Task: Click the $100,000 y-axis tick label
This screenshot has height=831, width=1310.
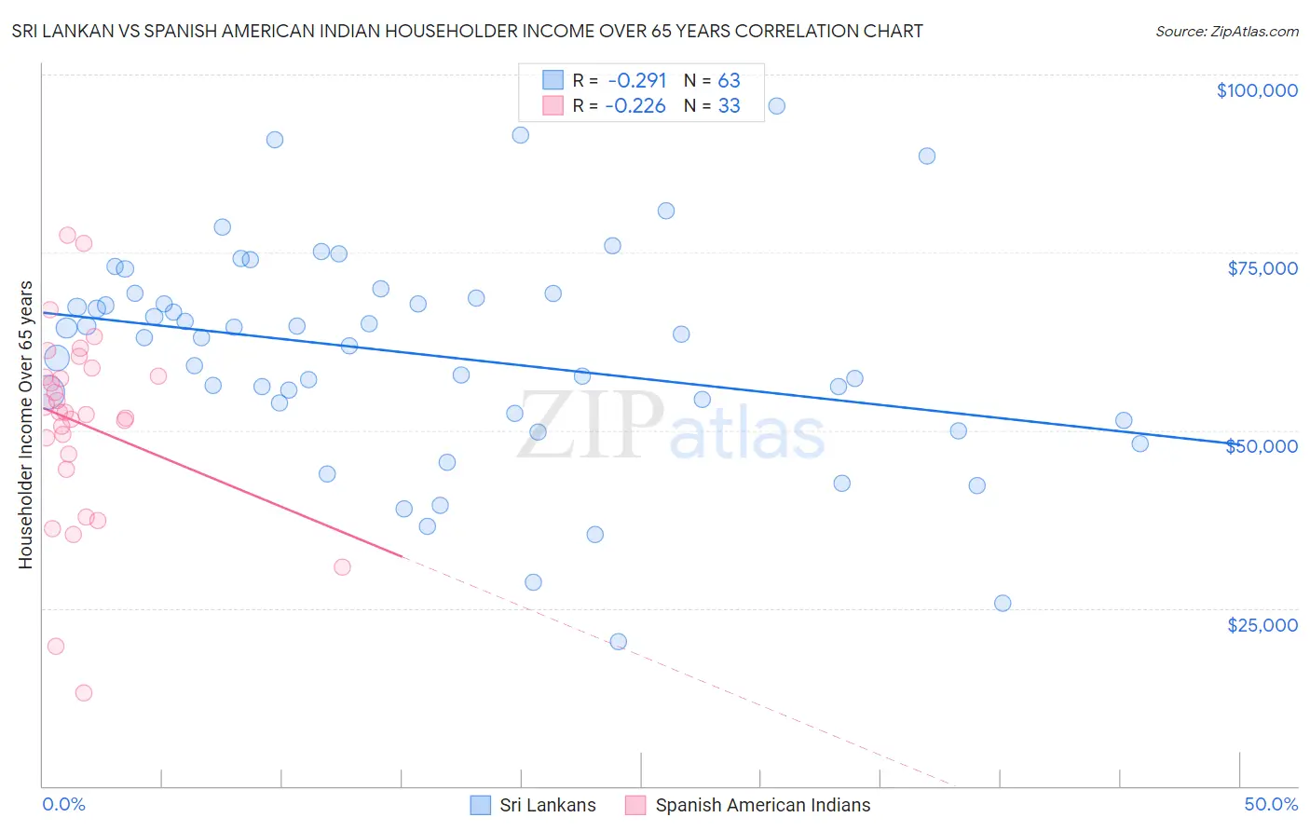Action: (1257, 90)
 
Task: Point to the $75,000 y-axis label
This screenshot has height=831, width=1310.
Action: (1262, 268)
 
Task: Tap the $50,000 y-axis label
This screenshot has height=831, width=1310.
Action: (1262, 446)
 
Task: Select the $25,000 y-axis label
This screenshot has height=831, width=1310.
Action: (1262, 625)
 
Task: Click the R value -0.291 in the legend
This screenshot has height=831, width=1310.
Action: (637, 81)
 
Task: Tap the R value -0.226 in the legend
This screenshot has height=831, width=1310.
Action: (635, 106)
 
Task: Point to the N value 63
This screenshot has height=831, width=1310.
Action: (729, 81)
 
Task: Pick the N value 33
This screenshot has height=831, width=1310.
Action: (729, 106)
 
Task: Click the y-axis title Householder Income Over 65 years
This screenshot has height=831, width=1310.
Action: (26, 424)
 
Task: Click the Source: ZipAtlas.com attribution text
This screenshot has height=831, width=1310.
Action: (1226, 32)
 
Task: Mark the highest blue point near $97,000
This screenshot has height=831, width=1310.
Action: (776, 106)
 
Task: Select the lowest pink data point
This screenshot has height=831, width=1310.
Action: (83, 693)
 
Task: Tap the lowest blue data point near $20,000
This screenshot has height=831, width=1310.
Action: (618, 642)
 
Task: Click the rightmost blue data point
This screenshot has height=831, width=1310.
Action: (1140, 443)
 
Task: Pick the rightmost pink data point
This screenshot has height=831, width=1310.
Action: (342, 567)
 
